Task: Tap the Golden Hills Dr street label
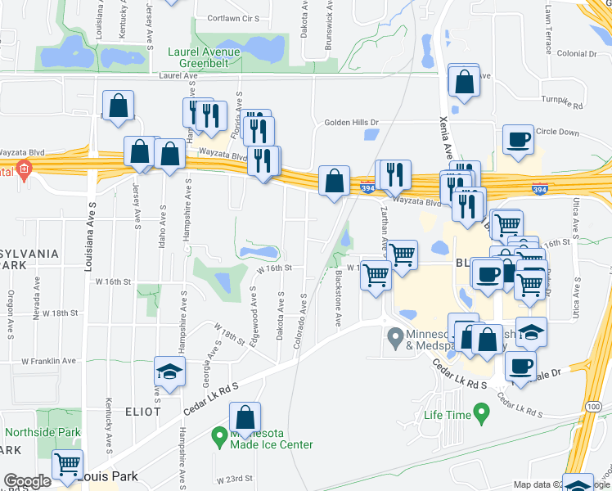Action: coord(352,123)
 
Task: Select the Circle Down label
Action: coord(557,132)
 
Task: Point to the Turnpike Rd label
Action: coord(561,106)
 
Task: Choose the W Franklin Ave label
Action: coord(48,360)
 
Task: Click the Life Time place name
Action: coord(447,415)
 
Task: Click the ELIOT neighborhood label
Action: coord(142,411)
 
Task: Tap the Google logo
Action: coord(27,482)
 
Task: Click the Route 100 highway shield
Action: coord(592,406)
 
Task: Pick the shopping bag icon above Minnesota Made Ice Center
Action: coord(244,418)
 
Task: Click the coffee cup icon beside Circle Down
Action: coord(518,139)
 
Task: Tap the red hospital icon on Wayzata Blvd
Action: coord(23,172)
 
